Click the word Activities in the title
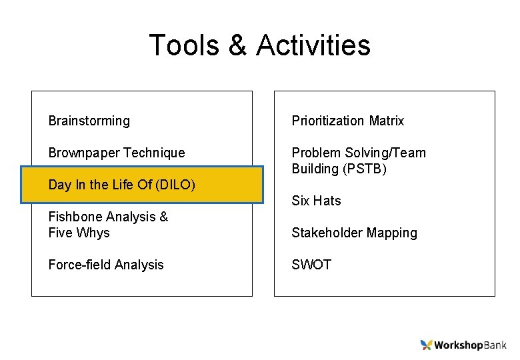[x=313, y=45]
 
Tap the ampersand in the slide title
[x=237, y=45]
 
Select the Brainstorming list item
[x=89, y=121]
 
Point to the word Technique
[x=154, y=153]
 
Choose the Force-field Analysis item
[x=105, y=265]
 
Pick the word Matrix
[x=387, y=121]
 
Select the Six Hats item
[x=316, y=201]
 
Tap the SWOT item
[x=311, y=265]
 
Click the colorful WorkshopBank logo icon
[x=427, y=345]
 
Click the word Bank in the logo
[x=494, y=345]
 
